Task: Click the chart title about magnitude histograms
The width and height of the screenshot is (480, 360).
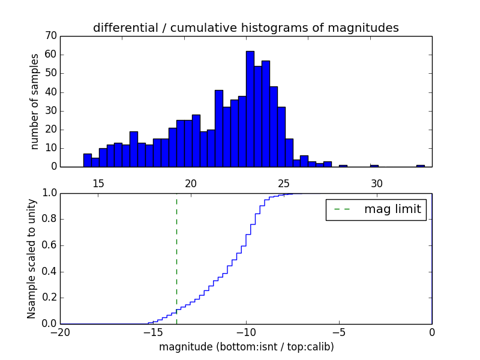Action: click(246, 28)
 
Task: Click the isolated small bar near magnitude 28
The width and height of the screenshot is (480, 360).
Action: click(343, 166)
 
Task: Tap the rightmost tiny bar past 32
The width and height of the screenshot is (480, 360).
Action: click(421, 166)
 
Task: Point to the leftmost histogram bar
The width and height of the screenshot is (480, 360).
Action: click(88, 160)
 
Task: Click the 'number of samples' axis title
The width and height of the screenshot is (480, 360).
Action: click(35, 101)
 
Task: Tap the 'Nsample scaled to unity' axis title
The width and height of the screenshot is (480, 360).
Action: click(31, 258)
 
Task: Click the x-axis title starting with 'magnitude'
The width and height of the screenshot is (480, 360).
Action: click(246, 347)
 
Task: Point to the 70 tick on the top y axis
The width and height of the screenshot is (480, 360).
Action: click(50, 36)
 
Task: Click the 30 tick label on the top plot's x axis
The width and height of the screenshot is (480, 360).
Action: click(376, 183)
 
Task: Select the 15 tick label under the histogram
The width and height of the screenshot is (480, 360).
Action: click(98, 183)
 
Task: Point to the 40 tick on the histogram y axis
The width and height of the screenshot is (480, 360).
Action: click(50, 92)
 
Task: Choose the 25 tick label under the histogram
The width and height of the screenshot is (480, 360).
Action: click(284, 183)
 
